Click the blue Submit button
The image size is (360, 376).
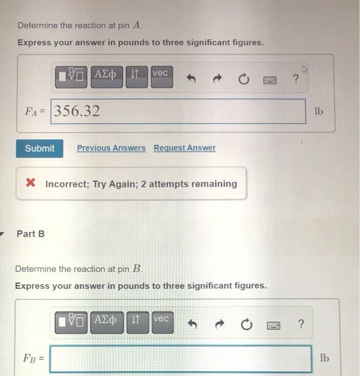(39, 148)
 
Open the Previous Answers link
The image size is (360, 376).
(111, 148)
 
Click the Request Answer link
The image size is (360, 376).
(185, 148)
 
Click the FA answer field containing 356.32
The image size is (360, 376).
(178, 111)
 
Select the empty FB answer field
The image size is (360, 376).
(181, 358)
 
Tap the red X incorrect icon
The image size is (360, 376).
(31, 184)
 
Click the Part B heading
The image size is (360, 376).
(31, 234)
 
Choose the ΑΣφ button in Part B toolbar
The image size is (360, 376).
(107, 322)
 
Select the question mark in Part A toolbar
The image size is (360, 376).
(295, 79)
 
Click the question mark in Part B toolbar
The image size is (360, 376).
(300, 324)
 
